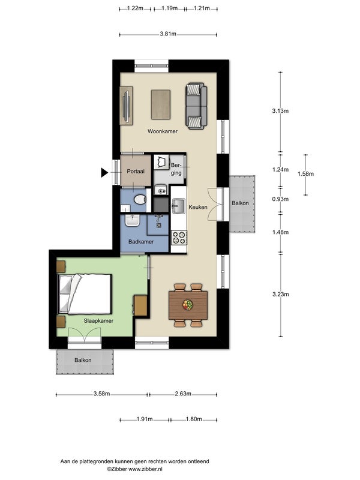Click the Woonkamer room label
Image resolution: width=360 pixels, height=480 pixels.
click(163, 131)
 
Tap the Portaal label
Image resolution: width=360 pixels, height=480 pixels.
click(136, 172)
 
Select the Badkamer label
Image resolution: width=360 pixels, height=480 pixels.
click(141, 242)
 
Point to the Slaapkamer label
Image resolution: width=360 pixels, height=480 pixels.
click(98, 321)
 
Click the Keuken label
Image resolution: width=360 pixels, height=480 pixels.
click(198, 207)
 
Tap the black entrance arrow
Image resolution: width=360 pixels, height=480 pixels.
click(104, 173)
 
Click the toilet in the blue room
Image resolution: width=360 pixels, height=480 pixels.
click(140, 199)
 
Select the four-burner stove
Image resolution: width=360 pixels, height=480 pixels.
click(179, 238)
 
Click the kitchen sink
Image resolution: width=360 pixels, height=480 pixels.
click(178, 206)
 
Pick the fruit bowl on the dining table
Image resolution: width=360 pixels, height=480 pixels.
click(188, 305)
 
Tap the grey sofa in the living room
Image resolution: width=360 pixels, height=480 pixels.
click(196, 106)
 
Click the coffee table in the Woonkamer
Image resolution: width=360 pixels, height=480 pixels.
click(161, 104)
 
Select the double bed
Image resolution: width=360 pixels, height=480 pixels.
click(85, 294)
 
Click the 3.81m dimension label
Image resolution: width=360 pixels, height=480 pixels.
click(168, 34)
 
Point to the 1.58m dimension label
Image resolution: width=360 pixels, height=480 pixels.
click(305, 174)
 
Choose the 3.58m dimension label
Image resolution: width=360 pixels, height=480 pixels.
click(101, 394)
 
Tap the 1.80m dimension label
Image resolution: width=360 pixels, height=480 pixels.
click(194, 419)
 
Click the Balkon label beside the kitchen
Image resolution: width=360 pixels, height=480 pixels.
click(241, 203)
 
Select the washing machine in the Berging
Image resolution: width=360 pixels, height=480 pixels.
click(161, 162)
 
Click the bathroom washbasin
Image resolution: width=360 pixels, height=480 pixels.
click(132, 220)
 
